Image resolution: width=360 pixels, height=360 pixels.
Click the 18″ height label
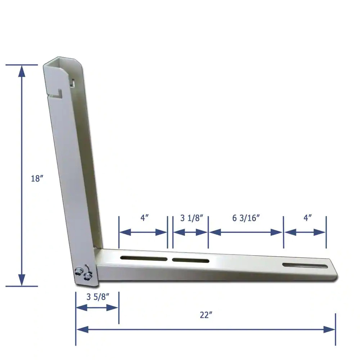point(37,179)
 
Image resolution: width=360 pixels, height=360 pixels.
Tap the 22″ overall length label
point(206,315)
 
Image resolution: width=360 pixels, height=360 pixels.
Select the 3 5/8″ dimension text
point(98,297)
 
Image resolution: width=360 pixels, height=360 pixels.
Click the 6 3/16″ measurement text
point(246,218)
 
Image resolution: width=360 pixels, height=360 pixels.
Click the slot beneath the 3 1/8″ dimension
point(190,260)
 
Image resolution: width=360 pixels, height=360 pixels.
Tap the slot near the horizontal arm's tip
point(305,265)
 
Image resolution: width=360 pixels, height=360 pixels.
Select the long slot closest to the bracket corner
point(144,258)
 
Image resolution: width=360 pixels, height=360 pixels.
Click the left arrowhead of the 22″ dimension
point(82,329)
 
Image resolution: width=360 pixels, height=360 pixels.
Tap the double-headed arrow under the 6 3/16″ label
point(246,232)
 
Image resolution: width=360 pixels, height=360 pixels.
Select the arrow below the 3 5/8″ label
point(98,307)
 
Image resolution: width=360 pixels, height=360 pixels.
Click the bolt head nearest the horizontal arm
point(87,276)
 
